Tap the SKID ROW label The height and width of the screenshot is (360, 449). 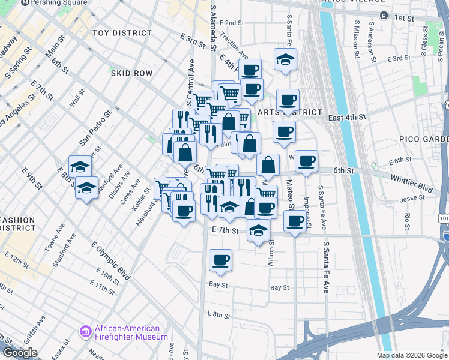click(x=131, y=73)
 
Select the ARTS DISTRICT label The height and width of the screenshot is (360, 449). click(x=289, y=113)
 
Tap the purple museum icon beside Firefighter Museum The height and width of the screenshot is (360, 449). click(x=85, y=331)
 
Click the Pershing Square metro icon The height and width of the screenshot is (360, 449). click(x=25, y=2)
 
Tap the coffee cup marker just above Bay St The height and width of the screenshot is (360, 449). click(x=220, y=260)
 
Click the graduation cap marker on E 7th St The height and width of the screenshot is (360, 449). click(x=258, y=230)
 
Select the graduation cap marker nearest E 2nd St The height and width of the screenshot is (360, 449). click(x=285, y=59)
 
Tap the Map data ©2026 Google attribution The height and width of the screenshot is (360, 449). click(x=412, y=355)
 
